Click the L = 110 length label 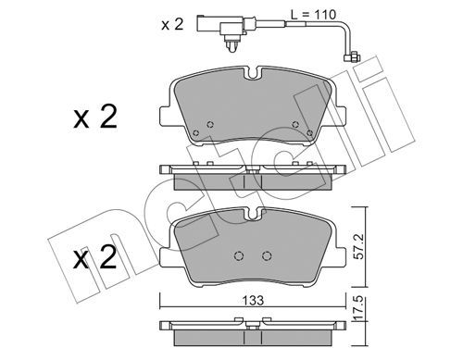[313, 15]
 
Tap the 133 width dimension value [253, 300]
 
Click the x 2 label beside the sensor [172, 24]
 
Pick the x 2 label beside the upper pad [95, 117]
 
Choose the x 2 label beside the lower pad [95, 257]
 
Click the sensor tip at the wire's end [352, 57]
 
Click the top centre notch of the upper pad [253, 73]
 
